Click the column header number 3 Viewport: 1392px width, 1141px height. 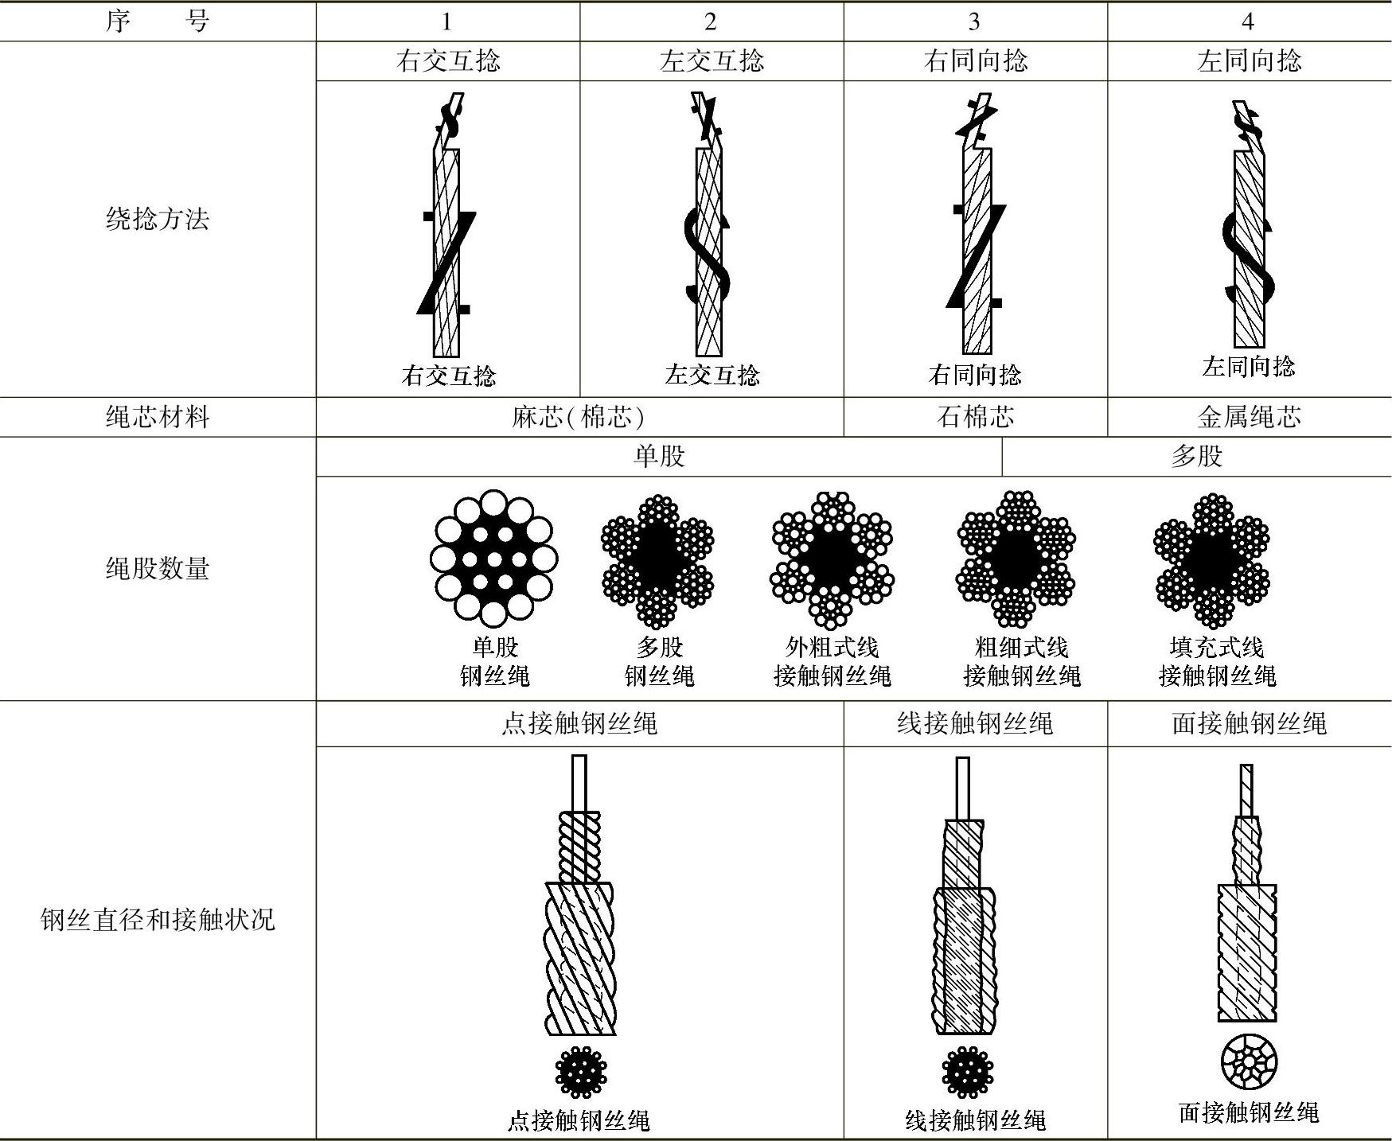point(974,21)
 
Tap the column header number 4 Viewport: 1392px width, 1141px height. point(1247,21)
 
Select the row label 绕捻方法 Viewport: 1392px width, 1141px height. point(158,219)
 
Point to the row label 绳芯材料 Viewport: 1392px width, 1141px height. point(158,417)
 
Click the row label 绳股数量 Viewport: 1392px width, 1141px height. point(158,568)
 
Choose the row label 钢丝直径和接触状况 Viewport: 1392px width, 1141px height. point(158,920)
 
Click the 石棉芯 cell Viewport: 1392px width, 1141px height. point(975,417)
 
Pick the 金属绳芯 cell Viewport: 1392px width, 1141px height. point(1249,417)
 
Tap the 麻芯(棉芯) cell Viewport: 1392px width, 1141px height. point(579,417)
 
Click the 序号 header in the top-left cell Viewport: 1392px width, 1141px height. point(158,21)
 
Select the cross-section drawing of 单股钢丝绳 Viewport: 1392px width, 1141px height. point(493,558)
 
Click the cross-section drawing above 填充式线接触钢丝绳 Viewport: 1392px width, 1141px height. point(1211,559)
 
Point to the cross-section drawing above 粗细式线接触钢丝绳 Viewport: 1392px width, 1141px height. point(1016,559)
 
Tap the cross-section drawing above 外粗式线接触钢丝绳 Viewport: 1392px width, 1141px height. point(832,559)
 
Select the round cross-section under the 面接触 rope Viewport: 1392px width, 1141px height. point(1249,1061)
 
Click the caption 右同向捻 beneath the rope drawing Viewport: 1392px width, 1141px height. point(975,375)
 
